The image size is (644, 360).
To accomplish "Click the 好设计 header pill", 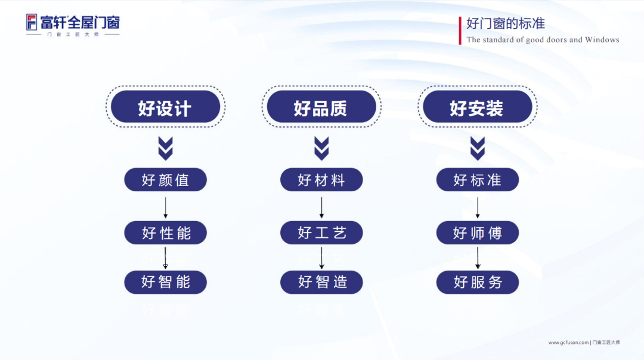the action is click(166, 107).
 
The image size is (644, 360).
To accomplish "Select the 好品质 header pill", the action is click(321, 107).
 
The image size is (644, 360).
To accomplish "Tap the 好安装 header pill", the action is click(478, 107).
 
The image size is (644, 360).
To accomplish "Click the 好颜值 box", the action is click(166, 179).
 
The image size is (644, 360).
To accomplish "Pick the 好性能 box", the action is click(166, 232).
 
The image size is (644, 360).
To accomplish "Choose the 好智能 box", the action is click(166, 282).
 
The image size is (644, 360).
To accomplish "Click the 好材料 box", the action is click(321, 179).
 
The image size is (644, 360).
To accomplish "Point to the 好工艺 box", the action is click(321, 232).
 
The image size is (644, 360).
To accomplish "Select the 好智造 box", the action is click(321, 282).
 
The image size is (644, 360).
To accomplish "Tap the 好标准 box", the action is click(478, 179).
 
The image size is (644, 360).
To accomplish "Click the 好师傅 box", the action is click(478, 232).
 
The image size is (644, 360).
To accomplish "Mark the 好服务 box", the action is click(478, 282).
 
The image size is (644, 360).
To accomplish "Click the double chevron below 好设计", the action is click(166, 148).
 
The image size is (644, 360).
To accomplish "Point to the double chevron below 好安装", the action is click(478, 148).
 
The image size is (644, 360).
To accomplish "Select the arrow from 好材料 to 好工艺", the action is click(321, 207).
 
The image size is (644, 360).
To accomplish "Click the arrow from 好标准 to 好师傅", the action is click(478, 207).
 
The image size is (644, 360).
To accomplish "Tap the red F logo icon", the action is click(32, 22).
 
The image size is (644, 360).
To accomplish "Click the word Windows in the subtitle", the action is click(602, 40).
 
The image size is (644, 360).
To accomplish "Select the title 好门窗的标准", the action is click(506, 24).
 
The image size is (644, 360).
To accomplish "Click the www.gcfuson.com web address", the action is click(568, 342).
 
